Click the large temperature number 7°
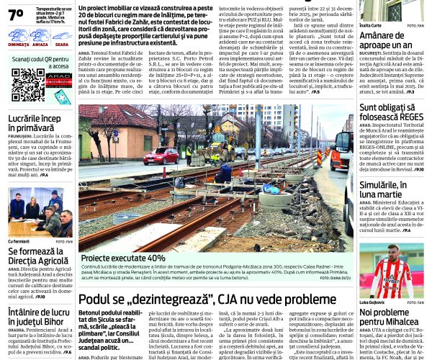click(x=16, y=13)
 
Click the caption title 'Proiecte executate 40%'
click(x=123, y=257)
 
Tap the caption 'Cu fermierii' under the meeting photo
click(x=19, y=241)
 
